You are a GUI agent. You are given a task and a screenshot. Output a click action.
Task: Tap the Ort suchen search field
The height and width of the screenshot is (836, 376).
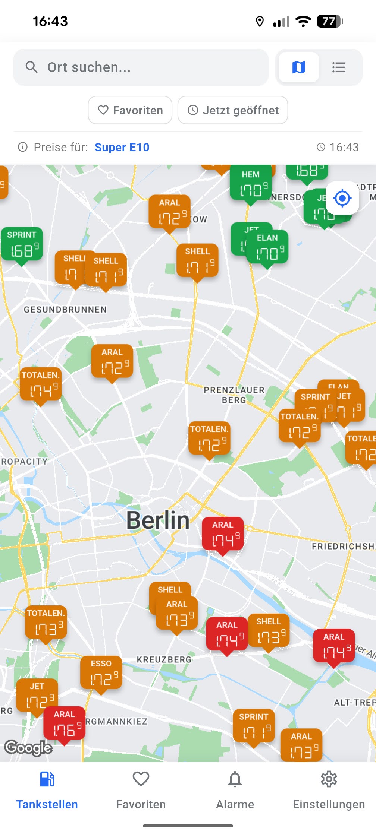point(141,67)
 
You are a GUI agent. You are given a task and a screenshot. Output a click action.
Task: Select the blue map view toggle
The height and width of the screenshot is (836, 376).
point(298,67)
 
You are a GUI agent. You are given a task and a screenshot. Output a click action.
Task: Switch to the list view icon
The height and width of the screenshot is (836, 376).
point(339,67)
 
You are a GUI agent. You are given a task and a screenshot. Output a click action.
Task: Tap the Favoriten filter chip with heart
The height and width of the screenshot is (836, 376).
point(130,110)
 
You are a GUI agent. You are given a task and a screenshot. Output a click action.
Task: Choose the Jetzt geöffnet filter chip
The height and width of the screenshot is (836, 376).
point(233,110)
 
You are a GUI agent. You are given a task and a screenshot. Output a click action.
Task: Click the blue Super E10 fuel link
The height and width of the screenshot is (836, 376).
point(122,148)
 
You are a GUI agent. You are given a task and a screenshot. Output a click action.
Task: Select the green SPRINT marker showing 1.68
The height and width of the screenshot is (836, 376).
point(22,245)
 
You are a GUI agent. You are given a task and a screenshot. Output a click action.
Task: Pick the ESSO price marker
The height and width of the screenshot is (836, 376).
point(101,674)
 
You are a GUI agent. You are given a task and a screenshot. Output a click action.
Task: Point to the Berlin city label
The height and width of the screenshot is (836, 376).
point(158,520)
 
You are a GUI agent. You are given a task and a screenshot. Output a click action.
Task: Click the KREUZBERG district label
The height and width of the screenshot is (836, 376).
point(164,660)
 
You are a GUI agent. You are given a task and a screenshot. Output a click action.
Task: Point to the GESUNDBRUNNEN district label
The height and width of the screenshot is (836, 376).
point(65,310)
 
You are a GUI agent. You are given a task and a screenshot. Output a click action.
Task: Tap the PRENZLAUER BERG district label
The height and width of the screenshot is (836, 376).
point(234,395)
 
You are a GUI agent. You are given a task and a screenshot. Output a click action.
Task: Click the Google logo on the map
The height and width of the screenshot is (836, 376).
point(28,748)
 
